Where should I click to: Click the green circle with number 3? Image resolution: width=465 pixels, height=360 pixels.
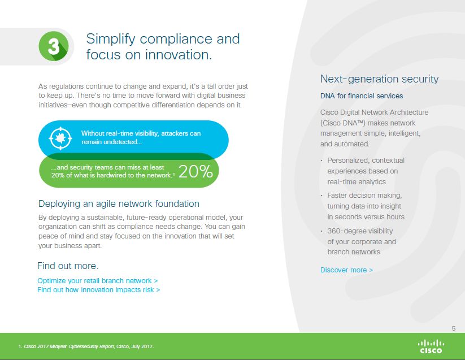54,46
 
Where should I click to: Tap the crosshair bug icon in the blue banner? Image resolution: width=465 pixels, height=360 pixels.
60,138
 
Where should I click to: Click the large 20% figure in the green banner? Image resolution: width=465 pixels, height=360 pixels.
195,171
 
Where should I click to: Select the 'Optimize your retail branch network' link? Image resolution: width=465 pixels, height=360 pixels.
98,280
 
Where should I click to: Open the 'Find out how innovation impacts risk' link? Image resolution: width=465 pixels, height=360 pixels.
99,290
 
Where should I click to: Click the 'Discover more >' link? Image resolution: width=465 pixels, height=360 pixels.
346,270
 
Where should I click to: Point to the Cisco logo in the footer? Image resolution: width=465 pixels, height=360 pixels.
431,346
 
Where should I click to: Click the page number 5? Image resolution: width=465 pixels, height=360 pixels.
454,328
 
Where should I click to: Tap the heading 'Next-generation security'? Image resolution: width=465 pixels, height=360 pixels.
379,79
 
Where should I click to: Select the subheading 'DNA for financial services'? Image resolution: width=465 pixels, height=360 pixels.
362,96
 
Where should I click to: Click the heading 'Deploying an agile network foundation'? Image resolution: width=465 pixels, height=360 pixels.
119,203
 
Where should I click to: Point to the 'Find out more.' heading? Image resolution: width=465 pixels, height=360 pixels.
68,266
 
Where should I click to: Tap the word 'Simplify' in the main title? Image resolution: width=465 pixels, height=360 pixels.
111,39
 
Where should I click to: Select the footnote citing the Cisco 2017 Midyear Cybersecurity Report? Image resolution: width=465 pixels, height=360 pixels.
86,346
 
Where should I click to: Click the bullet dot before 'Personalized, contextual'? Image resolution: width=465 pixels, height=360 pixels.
321,161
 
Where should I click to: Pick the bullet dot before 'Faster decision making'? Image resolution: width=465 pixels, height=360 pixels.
321,196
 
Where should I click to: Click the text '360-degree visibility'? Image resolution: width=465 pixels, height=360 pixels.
360,231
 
